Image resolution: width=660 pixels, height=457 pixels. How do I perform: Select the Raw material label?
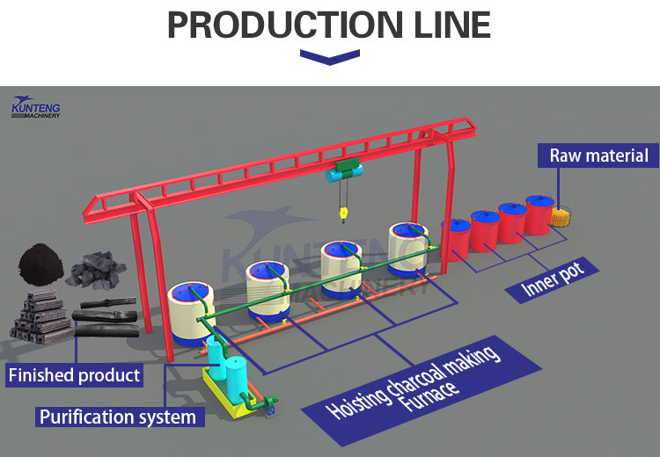tap(598, 157)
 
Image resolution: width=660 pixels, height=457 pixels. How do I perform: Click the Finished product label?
tap(74, 376)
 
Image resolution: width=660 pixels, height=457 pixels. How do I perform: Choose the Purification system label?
tap(117, 416)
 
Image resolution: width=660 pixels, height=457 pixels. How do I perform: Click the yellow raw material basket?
tap(561, 217)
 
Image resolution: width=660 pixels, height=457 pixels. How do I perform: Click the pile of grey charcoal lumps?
tap(96, 272)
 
